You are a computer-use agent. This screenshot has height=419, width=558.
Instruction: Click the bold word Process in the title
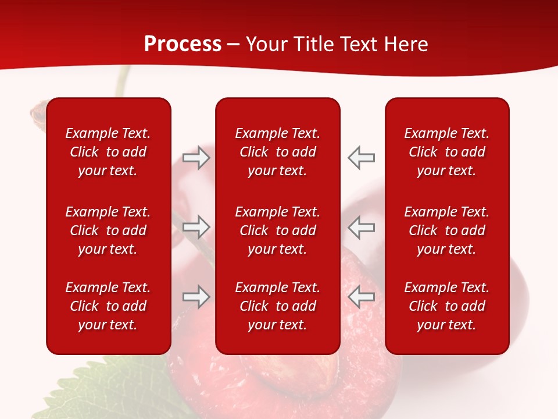point(183,44)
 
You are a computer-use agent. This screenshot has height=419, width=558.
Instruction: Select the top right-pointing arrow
point(196,158)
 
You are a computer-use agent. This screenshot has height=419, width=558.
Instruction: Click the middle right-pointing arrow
point(196,226)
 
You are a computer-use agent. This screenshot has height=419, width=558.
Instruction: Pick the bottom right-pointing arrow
point(196,297)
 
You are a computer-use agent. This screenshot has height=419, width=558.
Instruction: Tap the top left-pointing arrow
point(361,158)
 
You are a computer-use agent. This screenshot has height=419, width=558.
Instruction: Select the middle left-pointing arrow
point(361,226)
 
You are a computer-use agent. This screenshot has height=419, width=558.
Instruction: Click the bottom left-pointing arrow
point(361,297)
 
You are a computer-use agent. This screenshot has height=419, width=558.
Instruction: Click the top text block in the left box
point(108,152)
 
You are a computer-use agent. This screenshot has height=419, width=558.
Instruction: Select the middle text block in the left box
point(108,230)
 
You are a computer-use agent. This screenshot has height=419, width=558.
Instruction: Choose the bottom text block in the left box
point(108,306)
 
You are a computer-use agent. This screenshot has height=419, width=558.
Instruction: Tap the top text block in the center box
point(277,152)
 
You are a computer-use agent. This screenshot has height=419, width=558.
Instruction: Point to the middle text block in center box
point(277,230)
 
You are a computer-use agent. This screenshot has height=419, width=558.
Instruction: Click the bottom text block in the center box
point(277,306)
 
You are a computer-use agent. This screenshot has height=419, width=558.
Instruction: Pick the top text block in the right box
point(446,152)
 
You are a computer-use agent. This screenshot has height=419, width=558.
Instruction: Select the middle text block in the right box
point(446,230)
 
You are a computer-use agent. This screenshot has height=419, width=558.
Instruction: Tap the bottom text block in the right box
point(446,306)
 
